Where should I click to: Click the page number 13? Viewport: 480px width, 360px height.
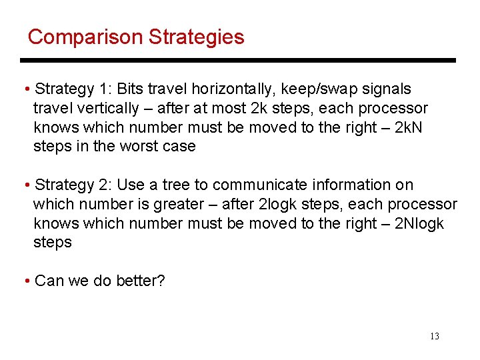pyautogui.click(x=435, y=336)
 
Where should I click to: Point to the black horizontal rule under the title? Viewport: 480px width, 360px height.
pyautogui.click(x=240, y=61)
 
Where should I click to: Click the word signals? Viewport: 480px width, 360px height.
pyautogui.click(x=387, y=89)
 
